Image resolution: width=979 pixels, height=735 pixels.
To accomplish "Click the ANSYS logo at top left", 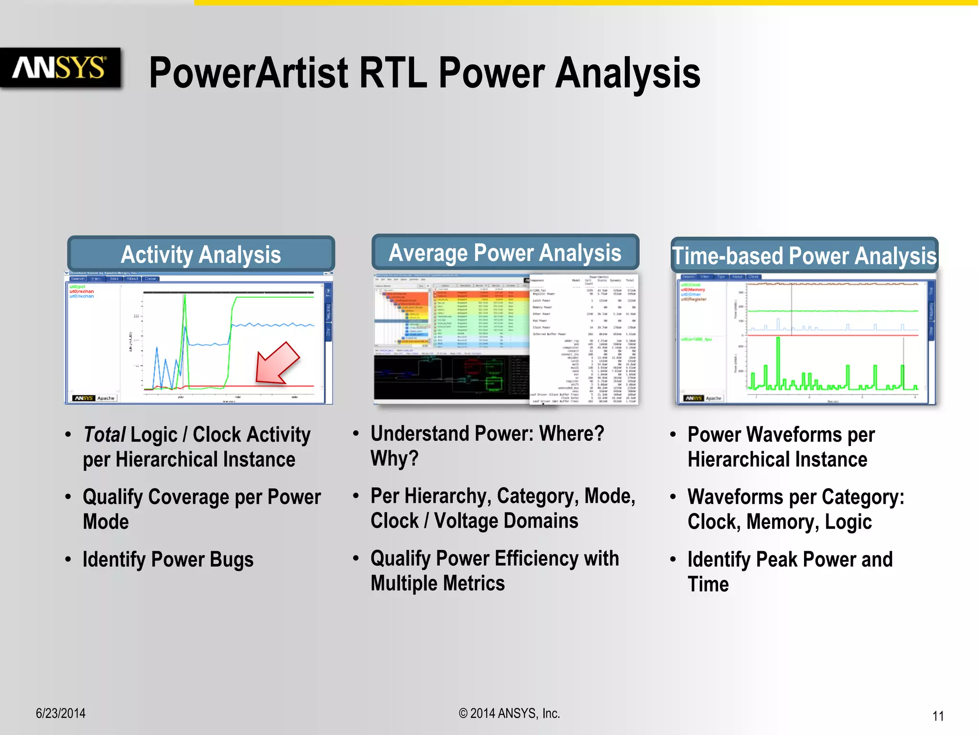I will [59, 67].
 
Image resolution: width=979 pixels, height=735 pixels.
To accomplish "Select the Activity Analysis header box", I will [201, 254].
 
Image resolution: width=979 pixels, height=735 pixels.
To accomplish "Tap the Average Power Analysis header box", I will [505, 252].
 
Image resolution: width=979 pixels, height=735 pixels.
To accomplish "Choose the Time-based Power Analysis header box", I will [804, 256].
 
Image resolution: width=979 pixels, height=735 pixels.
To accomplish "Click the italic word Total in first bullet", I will [104, 434].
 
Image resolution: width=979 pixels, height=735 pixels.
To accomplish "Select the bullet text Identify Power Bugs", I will [168, 559].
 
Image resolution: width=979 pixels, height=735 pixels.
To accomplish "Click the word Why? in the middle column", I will [394, 458].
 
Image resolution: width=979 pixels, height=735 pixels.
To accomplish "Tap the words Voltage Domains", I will [506, 521].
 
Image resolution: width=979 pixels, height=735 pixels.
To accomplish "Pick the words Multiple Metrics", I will [437, 583].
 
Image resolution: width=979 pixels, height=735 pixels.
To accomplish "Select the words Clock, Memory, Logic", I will [779, 522].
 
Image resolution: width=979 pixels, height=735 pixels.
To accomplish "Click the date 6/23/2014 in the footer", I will [61, 713].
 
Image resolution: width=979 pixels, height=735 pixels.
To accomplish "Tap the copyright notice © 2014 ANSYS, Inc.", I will [509, 713].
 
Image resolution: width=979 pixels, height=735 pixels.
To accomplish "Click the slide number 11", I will [938, 716].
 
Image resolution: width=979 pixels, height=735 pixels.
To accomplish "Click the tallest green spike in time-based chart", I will [778, 359].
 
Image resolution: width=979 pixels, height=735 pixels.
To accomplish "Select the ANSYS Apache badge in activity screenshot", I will [95, 398].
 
